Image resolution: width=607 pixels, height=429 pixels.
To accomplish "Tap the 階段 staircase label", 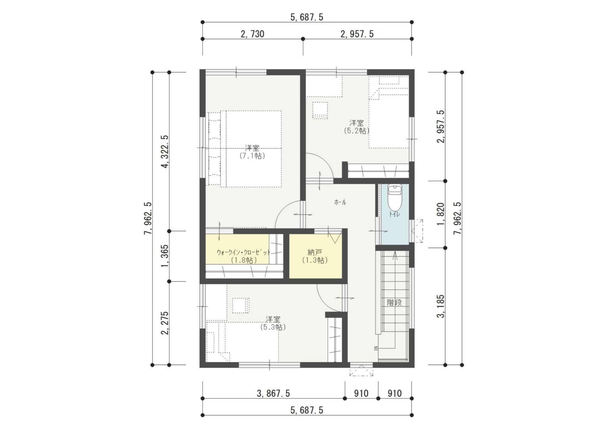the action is [395, 302].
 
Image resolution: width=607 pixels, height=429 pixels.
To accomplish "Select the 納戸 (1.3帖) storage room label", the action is [315, 256].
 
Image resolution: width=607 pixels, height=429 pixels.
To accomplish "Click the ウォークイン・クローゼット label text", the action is [243, 253].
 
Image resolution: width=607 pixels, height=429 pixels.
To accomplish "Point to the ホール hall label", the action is [340, 202].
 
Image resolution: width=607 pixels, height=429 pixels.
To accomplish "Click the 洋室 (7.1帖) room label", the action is [252, 152].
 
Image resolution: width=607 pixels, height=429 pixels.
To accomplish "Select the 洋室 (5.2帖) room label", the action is [356, 127].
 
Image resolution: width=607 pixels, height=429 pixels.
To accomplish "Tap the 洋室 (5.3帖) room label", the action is [273, 323].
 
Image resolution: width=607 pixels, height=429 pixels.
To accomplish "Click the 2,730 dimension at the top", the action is [252, 34].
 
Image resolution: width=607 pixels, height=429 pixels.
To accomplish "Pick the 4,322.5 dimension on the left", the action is [165, 151].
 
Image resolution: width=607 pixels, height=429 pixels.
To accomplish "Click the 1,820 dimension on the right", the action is [440, 214].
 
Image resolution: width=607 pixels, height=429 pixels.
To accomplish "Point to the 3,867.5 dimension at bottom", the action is [273, 393].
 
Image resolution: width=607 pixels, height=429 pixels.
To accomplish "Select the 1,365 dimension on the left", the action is [165, 256].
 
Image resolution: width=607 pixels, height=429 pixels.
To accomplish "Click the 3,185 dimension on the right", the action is [440, 306].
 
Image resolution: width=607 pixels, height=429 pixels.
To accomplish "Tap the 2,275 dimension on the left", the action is [165, 323].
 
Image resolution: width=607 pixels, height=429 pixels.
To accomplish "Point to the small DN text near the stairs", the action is [376, 348].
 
